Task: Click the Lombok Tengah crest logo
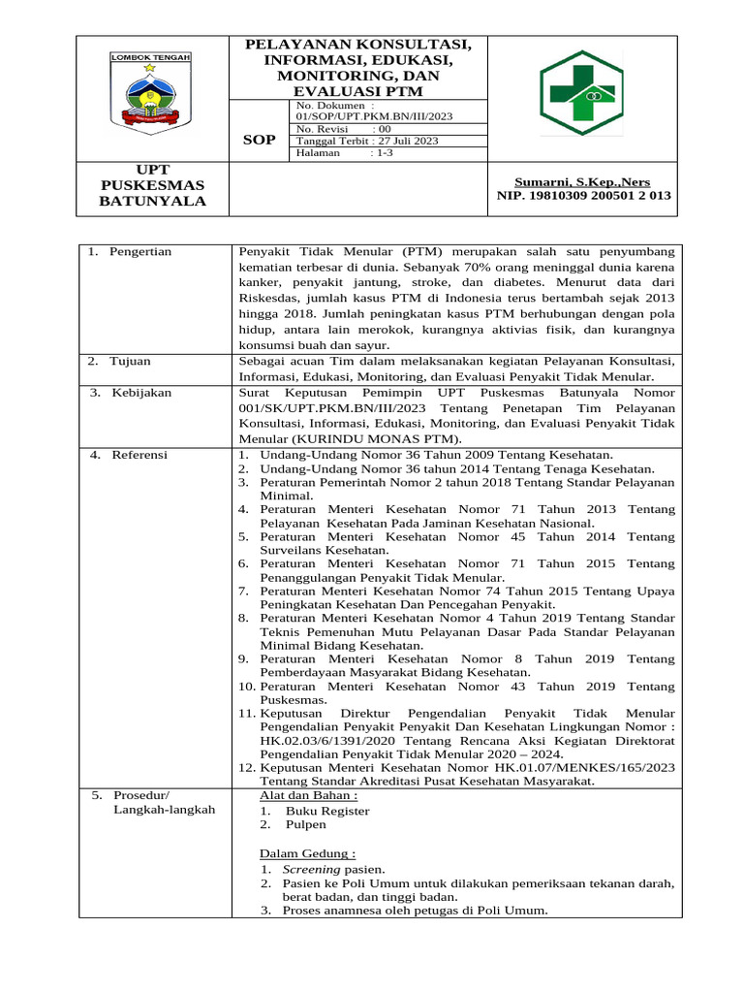[149, 93]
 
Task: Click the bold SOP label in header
[259, 141]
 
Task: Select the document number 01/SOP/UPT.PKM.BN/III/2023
[374, 115]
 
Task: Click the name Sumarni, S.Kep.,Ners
[581, 181]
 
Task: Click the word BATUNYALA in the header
[153, 201]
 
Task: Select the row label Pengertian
[140, 251]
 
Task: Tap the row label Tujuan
[133, 361]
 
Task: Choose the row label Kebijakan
[139, 392]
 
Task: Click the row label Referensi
[139, 454]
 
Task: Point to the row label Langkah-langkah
[164, 810]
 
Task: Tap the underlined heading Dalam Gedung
[307, 853]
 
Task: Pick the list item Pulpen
[306, 824]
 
